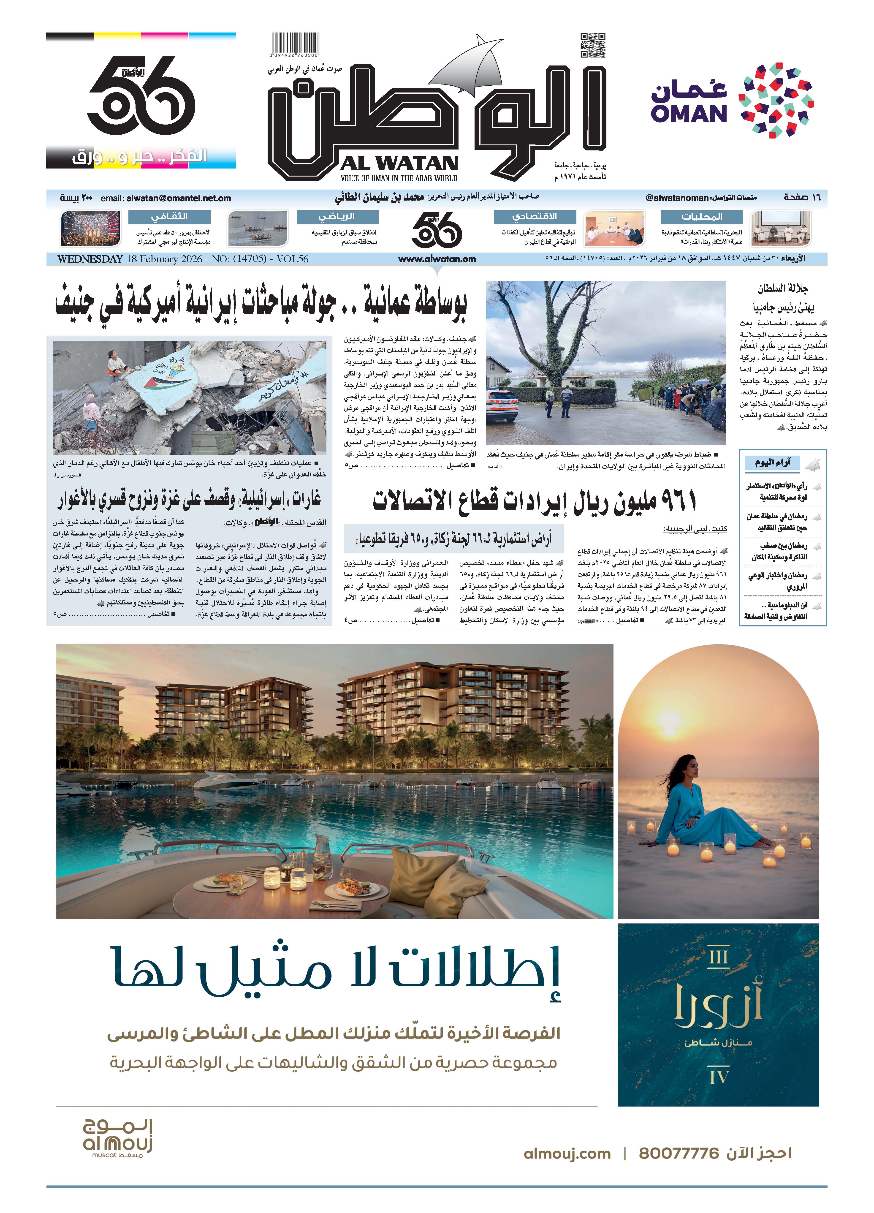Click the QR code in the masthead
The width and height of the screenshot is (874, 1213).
click(x=593, y=46)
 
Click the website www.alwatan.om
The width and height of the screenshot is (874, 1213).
click(x=437, y=259)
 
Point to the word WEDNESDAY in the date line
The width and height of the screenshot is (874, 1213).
click(x=90, y=259)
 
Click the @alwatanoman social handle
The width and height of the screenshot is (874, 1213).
click(x=677, y=198)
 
